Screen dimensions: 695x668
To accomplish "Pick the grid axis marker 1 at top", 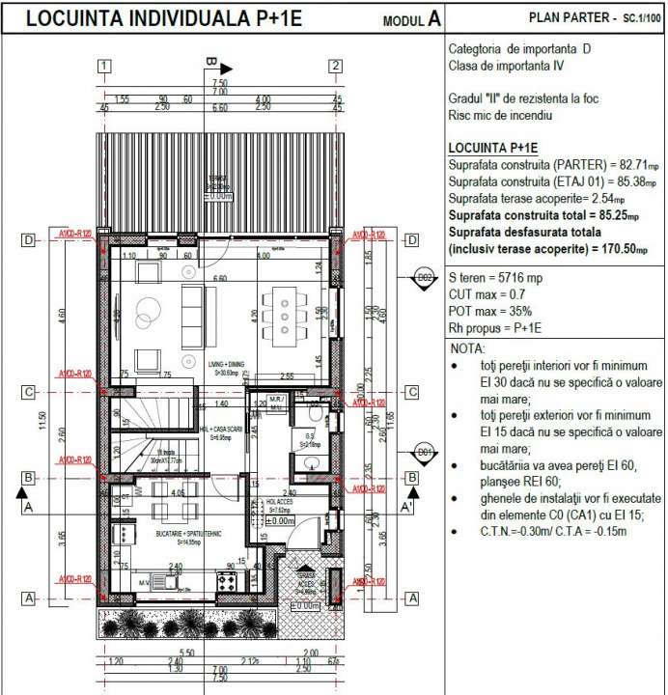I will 104,66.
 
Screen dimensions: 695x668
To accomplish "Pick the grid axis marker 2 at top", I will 335,66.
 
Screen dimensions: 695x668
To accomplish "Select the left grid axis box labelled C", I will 29,392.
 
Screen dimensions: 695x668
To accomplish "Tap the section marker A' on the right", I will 406,507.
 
